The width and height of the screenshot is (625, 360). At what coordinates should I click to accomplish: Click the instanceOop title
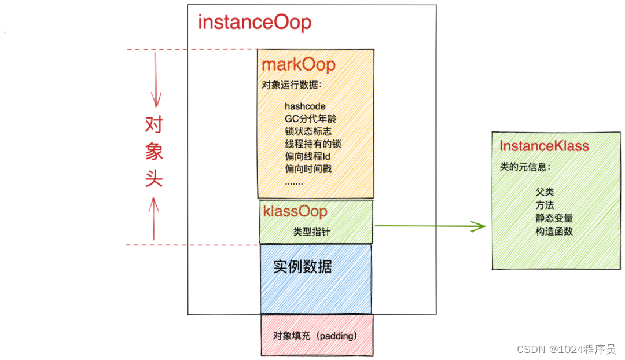point(255,23)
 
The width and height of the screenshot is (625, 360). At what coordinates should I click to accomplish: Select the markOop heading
point(298,64)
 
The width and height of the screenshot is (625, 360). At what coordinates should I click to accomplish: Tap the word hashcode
point(305,106)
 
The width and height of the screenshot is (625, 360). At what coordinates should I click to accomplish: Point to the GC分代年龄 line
point(310,119)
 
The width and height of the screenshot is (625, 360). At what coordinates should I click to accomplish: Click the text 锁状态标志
point(308,131)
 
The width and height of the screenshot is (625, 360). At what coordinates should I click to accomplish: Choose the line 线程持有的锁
point(312,144)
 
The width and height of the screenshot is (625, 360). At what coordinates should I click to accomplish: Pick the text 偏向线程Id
point(307,156)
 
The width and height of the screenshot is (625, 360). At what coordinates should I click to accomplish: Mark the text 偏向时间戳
point(308,169)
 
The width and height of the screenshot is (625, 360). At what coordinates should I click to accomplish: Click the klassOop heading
point(295,211)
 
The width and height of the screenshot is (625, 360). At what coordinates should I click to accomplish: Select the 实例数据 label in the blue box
point(303,267)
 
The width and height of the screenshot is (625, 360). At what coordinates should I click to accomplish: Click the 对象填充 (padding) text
point(315,336)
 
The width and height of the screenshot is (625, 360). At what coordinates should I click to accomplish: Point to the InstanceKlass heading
point(544,146)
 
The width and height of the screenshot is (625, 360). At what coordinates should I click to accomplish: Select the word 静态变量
point(554,218)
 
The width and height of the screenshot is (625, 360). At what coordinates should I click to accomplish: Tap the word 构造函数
point(554,232)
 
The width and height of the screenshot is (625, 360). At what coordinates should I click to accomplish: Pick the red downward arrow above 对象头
point(155,81)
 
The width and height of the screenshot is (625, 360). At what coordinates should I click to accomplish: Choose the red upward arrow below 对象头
point(154,217)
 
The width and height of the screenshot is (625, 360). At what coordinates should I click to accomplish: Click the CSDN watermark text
point(566,349)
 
